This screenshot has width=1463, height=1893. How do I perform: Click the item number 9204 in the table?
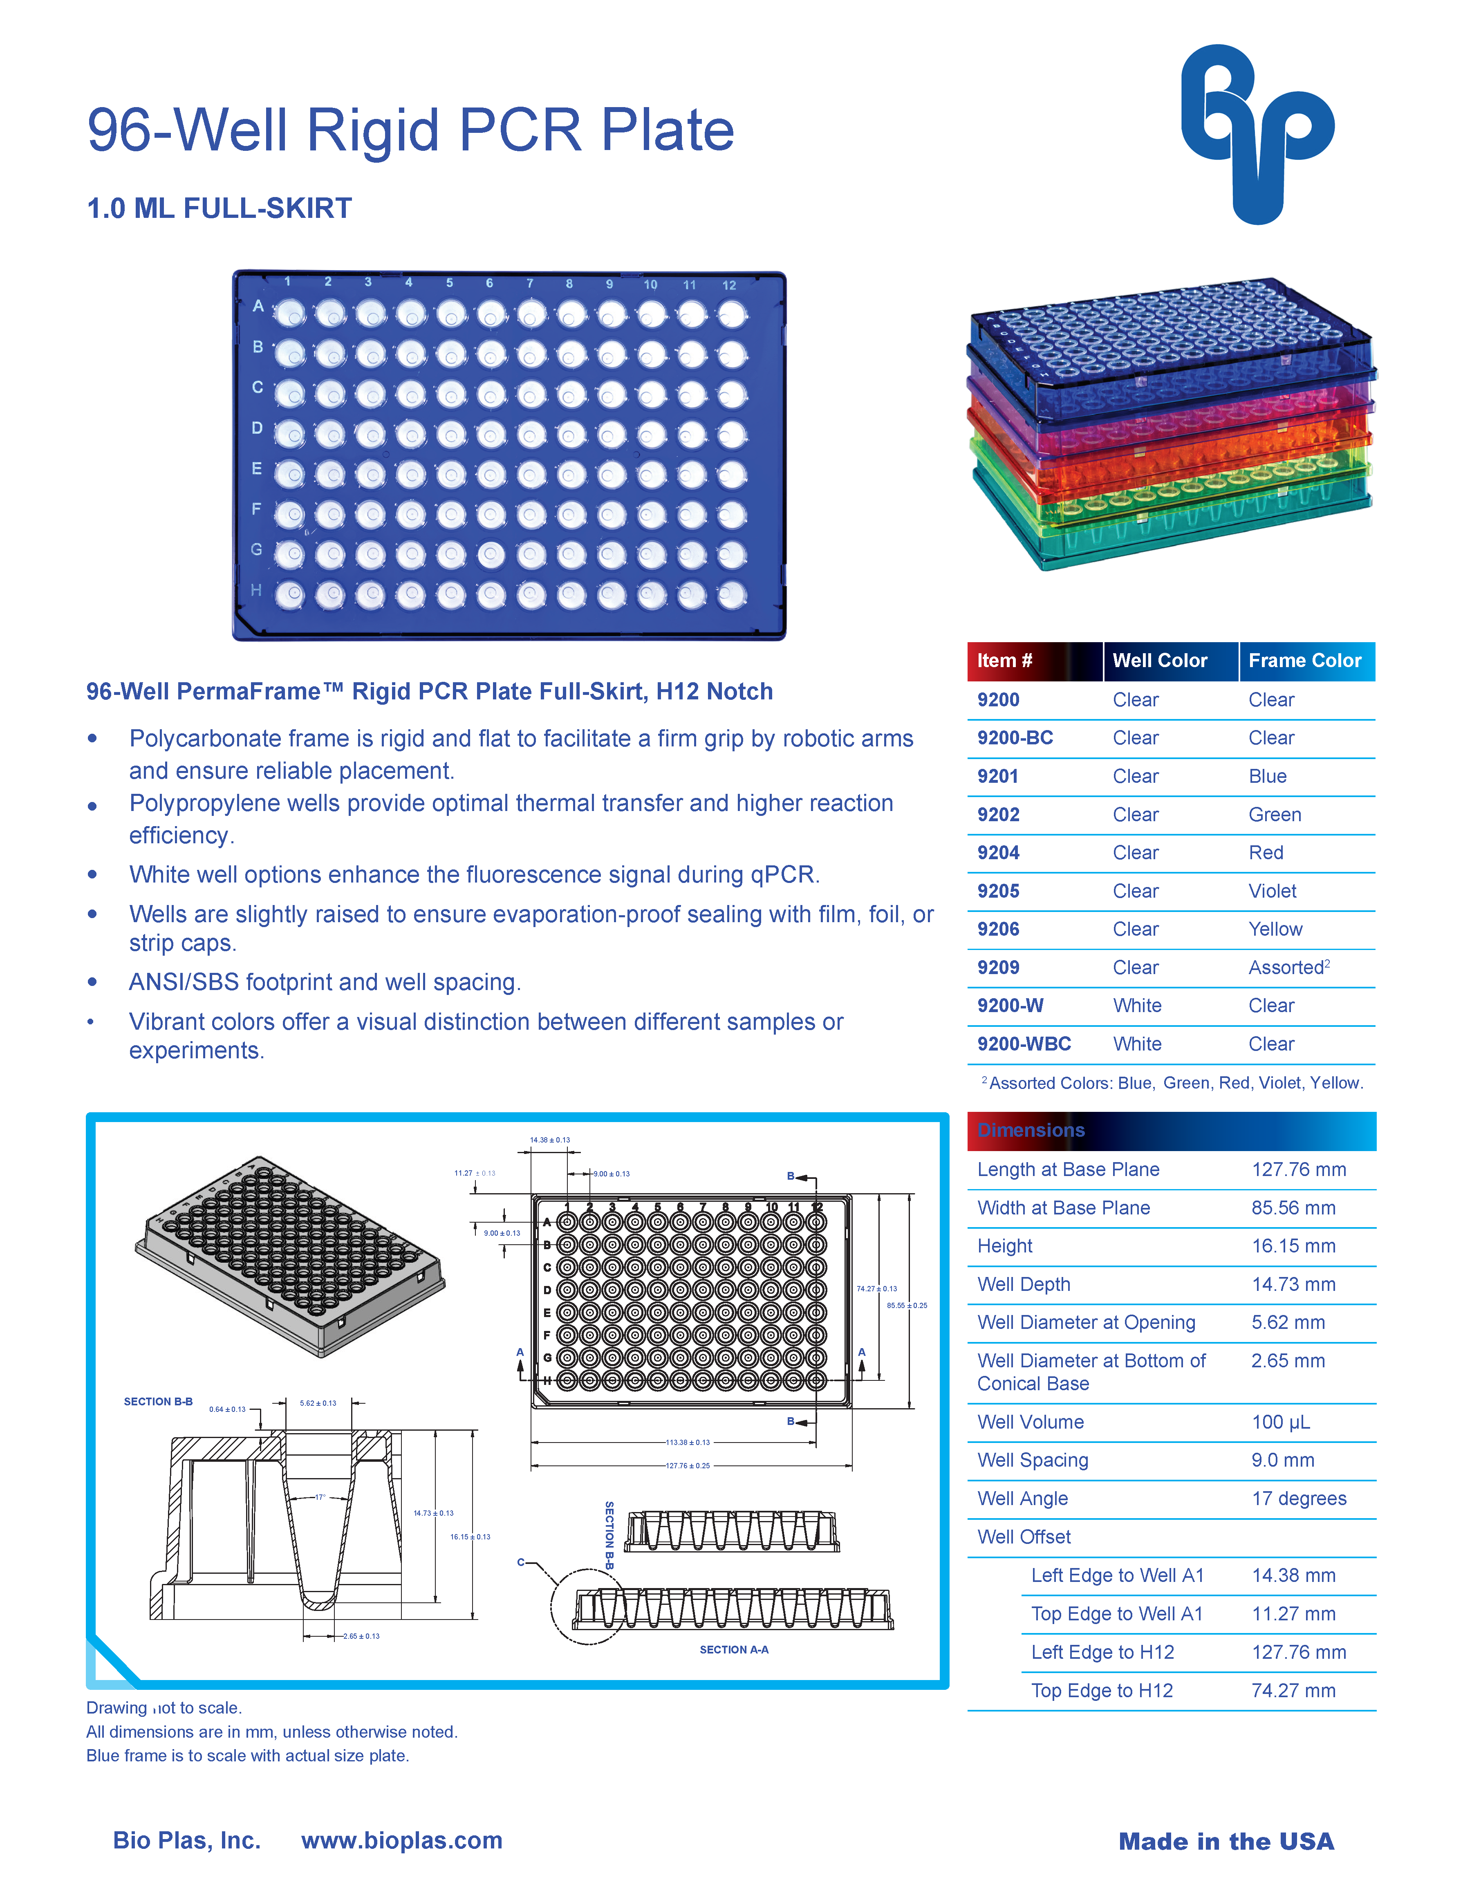999,853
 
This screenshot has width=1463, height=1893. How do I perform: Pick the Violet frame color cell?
1273,891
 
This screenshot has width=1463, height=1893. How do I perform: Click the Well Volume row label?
1031,1423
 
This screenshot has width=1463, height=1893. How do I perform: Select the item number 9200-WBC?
1024,1044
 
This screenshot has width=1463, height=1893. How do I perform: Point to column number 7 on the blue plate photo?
529,283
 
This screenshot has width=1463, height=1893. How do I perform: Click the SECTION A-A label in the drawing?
734,1649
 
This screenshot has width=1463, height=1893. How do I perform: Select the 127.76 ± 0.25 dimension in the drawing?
687,1466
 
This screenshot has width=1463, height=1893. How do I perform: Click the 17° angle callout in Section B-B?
320,1497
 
